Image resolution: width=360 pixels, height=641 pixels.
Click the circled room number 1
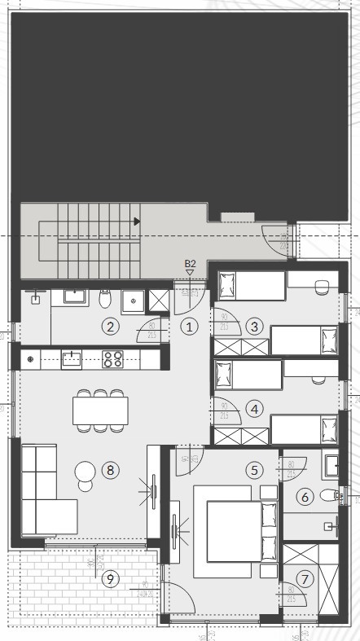189,327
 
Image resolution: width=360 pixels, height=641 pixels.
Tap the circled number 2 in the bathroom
110,327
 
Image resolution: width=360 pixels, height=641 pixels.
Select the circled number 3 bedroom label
255,327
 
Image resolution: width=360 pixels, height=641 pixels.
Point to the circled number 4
255,409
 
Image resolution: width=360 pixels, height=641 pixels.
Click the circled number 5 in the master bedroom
255,470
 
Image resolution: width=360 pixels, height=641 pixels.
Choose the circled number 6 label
305,495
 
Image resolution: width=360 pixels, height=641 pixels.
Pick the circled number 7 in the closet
305,579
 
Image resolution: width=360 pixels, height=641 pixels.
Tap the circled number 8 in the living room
110,470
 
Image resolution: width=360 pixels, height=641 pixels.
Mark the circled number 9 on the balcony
110,579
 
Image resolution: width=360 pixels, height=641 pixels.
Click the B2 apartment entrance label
190,264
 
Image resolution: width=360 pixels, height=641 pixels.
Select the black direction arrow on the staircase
138,221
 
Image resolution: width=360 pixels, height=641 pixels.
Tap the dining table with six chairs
100,410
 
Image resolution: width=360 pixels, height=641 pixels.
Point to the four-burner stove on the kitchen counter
112,358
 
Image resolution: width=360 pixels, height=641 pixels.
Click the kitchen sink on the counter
71,358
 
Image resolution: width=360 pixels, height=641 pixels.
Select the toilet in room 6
328,495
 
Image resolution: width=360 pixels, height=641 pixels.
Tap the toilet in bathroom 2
104,300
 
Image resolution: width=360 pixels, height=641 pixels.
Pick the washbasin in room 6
331,465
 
